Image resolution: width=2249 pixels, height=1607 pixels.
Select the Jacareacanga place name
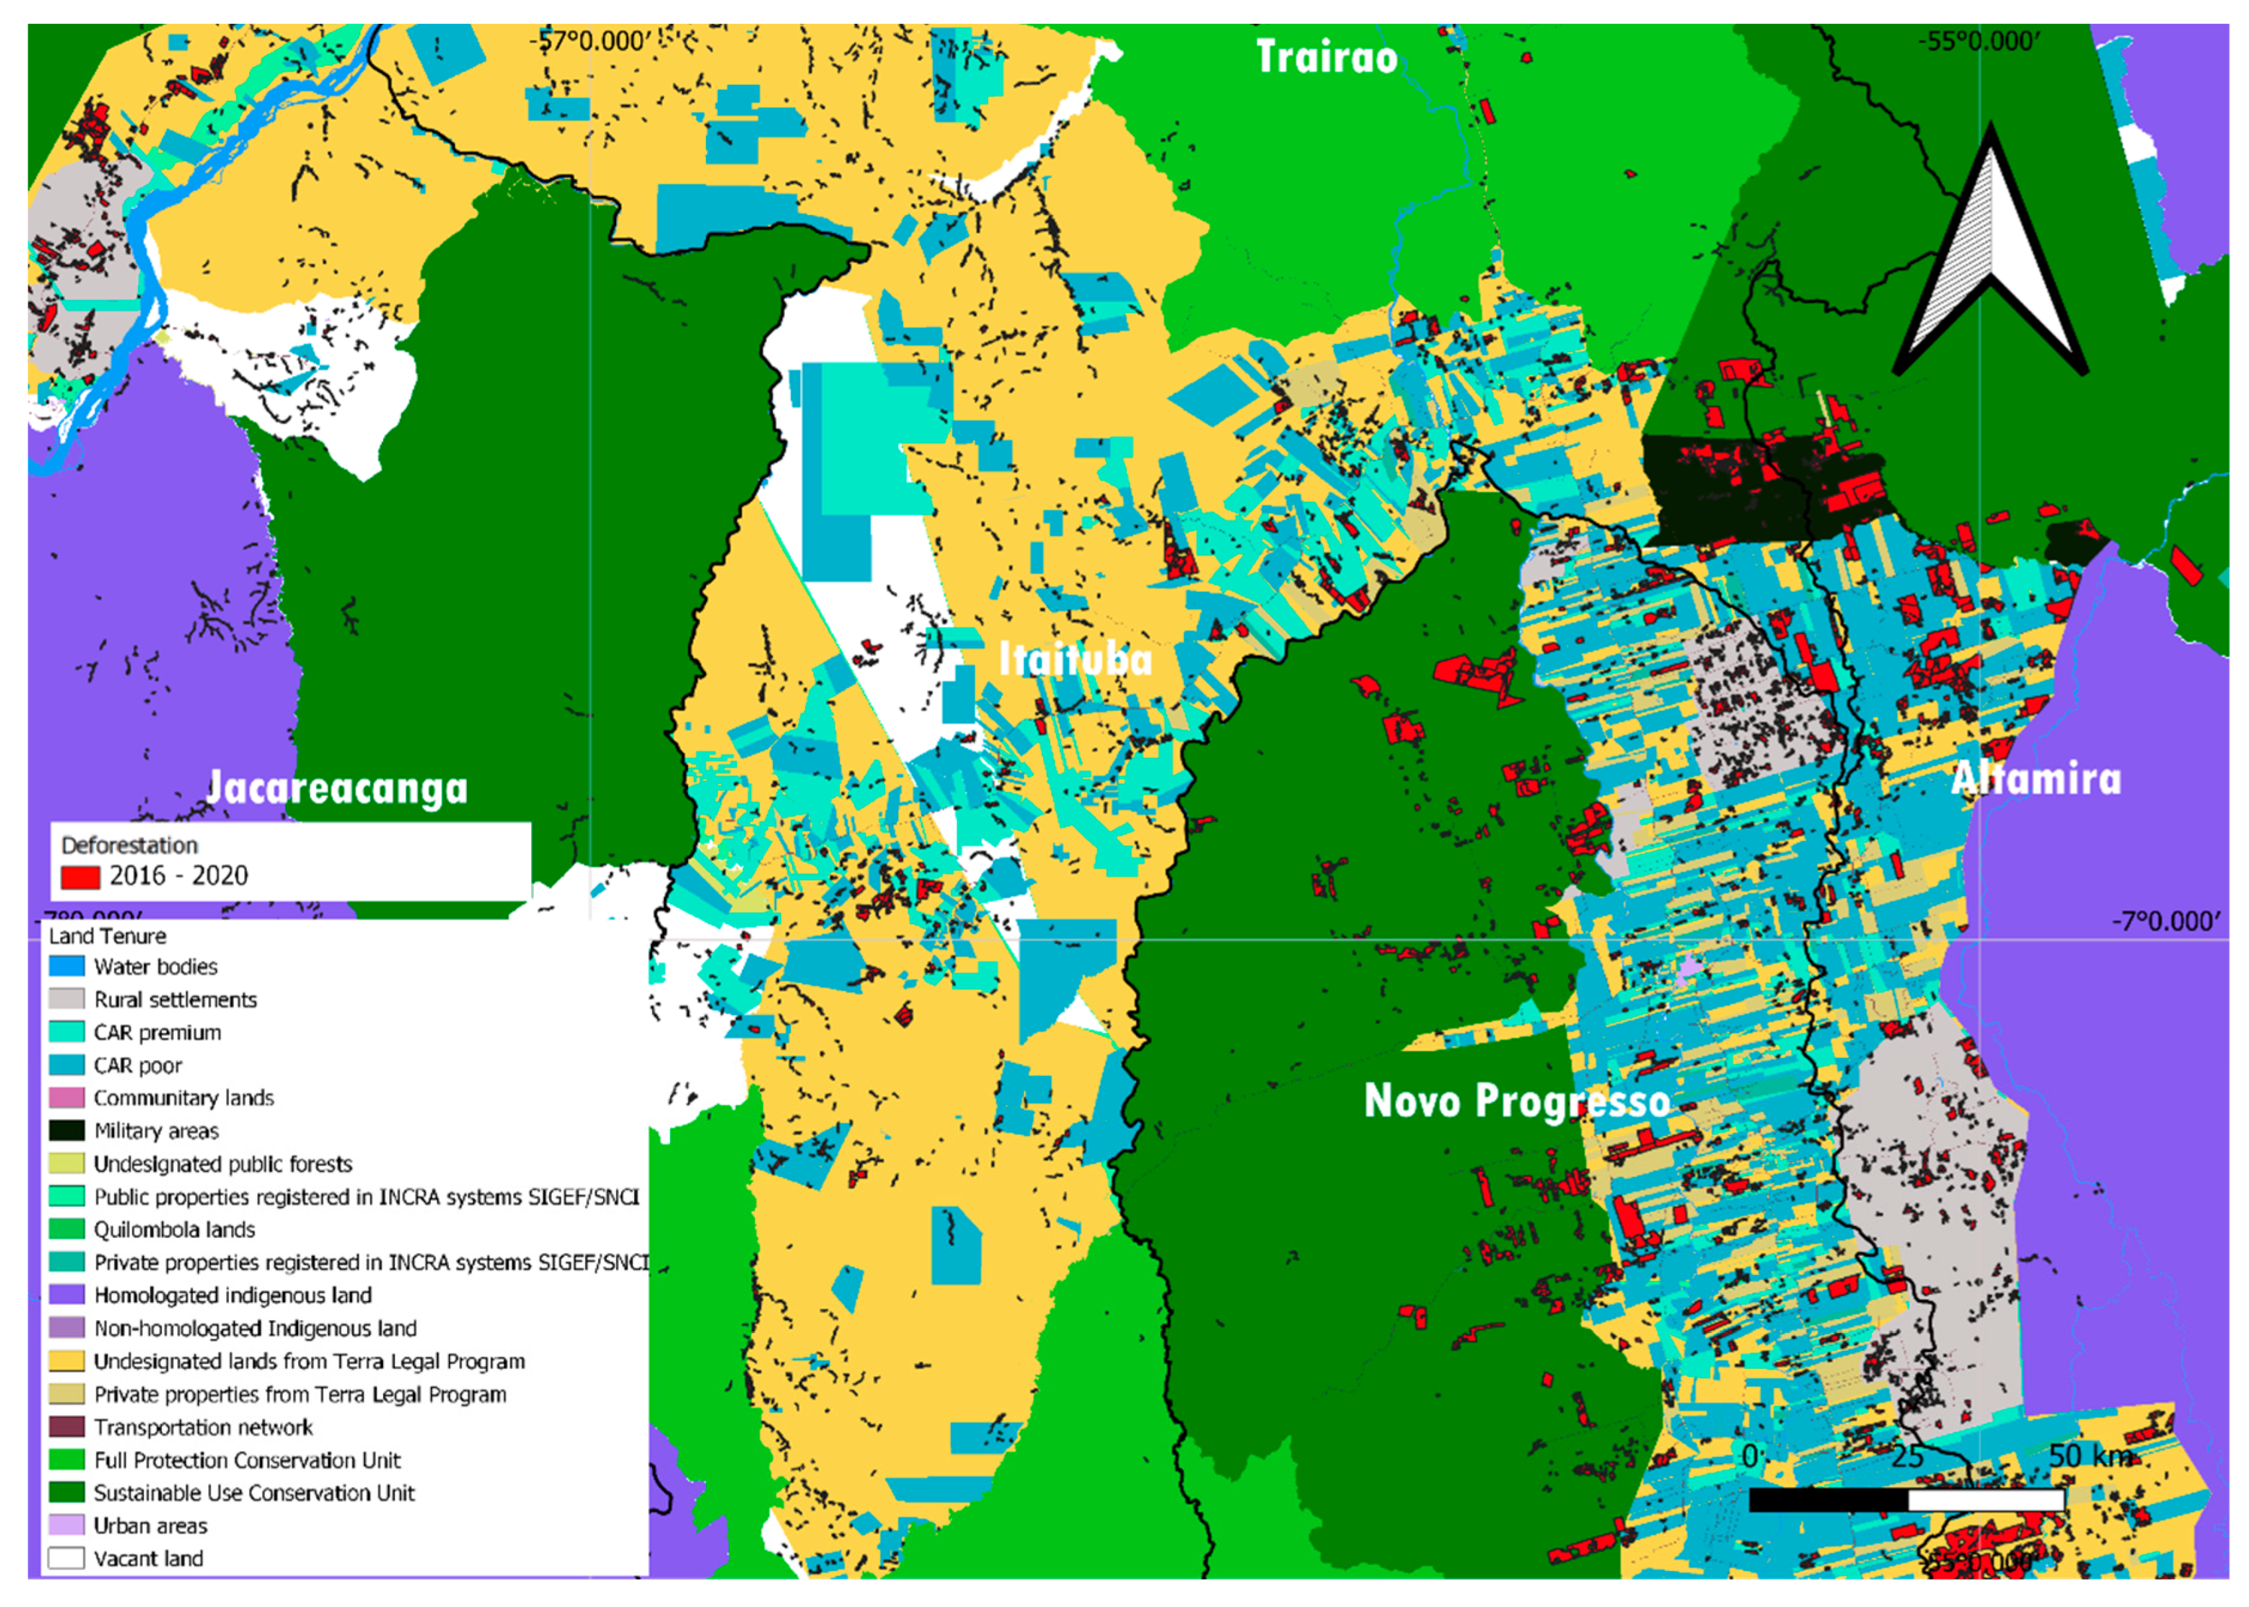[337, 788]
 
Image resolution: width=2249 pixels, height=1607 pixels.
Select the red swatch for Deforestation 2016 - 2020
[80, 877]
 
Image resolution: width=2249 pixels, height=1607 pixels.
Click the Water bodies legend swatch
[66, 966]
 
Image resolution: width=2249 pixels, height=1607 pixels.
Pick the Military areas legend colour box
[66, 1130]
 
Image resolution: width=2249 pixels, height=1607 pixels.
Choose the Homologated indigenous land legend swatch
[66, 1294]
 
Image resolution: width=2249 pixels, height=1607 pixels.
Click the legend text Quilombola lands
[174, 1229]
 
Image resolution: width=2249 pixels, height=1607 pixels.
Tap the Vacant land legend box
[66, 1557]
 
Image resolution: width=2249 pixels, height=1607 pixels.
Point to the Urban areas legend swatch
[66, 1525]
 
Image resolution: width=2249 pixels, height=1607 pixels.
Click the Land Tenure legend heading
[107, 935]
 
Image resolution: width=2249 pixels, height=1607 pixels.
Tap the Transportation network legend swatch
[66, 1426]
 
